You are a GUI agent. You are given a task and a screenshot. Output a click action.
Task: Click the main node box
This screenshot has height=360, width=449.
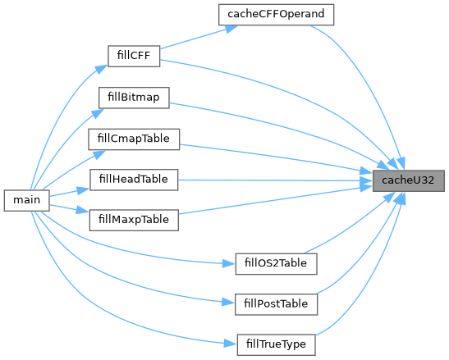[x=26, y=201]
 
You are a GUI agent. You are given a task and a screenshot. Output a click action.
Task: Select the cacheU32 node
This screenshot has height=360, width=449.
[x=408, y=181]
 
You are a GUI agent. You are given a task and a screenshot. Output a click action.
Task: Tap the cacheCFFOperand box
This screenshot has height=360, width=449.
[x=276, y=15]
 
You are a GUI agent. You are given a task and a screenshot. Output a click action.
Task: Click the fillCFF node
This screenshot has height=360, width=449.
[x=134, y=56]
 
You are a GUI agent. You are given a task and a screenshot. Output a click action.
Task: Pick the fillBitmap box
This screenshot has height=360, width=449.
[x=134, y=98]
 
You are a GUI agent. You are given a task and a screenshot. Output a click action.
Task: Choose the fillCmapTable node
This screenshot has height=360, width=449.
[x=134, y=139]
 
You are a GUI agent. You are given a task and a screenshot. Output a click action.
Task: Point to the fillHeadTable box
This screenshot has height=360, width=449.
[x=134, y=180]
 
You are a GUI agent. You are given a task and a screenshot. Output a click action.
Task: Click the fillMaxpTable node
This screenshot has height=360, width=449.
[x=134, y=221]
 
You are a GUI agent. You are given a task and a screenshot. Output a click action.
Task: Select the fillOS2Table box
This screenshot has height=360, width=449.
[x=276, y=264]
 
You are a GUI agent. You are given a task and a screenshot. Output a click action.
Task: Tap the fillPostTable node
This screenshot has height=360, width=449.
[x=276, y=304]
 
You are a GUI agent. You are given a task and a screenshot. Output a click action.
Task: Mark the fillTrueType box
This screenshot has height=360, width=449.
[x=276, y=345]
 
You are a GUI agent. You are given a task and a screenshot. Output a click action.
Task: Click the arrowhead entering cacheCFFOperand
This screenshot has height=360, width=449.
[x=231, y=29]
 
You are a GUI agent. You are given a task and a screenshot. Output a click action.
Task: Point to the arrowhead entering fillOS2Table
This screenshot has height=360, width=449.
[x=229, y=263]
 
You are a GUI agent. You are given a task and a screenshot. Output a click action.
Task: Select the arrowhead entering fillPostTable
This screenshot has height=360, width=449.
[x=228, y=303]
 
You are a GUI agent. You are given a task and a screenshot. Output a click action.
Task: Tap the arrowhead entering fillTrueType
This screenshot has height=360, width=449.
[x=231, y=343]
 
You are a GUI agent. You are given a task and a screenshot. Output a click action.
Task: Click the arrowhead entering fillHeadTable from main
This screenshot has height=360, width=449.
[x=84, y=190]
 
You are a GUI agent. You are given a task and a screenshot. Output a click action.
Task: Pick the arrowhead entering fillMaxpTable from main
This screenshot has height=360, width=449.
[x=83, y=210]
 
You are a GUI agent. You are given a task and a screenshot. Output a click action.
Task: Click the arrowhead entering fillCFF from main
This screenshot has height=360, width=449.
[x=102, y=69]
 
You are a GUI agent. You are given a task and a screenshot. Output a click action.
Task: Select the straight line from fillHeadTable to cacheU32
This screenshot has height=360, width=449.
[x=275, y=180]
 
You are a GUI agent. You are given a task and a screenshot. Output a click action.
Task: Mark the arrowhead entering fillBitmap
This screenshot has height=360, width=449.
[x=98, y=113]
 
